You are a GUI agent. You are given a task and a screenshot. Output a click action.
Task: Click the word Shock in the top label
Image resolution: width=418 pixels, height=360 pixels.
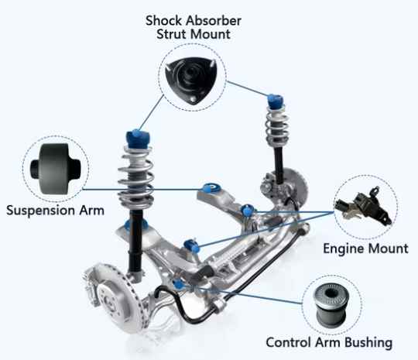(x=164, y=21)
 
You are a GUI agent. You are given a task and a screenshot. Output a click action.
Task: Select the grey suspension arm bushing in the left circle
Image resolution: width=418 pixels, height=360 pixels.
(x=55, y=169)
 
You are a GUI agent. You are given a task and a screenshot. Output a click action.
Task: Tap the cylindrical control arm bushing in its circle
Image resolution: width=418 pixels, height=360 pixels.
(x=331, y=304)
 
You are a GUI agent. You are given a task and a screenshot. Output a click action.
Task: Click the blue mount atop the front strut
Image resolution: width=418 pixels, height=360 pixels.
(x=138, y=139)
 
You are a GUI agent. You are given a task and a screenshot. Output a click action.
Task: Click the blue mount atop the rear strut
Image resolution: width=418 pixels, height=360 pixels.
(x=276, y=101)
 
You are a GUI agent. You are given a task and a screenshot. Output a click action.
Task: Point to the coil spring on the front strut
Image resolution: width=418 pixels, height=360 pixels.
(x=136, y=177)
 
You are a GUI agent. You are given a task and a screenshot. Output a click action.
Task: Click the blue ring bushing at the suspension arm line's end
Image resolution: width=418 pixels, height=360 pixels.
(x=211, y=188)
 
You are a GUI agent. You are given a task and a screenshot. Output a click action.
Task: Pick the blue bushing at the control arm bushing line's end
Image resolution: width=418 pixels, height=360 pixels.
(x=179, y=284)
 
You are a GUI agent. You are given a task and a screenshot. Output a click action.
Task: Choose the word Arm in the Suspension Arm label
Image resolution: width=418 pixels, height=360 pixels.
(x=91, y=211)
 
